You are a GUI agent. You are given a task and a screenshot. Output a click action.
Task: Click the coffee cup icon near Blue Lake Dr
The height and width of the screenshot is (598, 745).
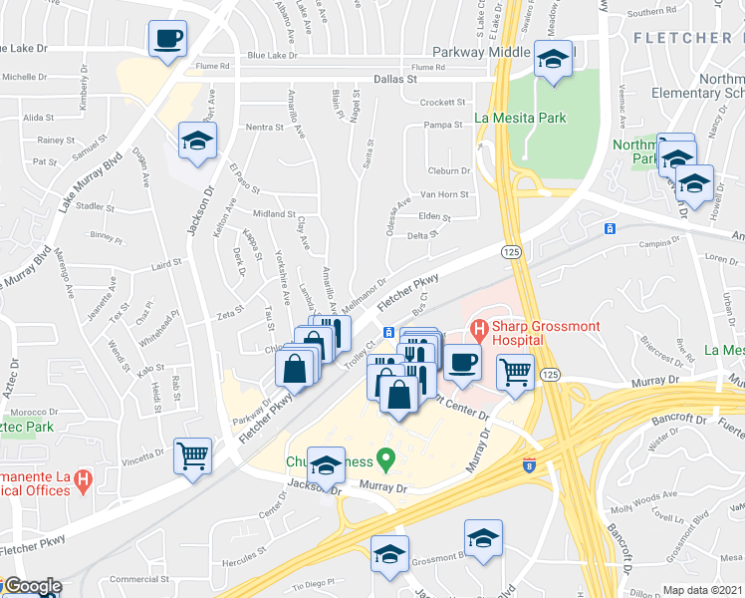click(167, 39)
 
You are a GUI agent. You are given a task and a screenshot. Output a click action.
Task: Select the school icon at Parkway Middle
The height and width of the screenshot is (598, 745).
click(553, 60)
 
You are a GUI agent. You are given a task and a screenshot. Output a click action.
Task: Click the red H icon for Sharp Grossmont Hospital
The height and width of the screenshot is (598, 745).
click(479, 327)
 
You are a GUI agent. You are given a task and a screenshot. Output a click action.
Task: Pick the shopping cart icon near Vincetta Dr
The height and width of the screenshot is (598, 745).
click(193, 456)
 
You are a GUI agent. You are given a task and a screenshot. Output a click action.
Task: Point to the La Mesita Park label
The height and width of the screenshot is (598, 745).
click(520, 118)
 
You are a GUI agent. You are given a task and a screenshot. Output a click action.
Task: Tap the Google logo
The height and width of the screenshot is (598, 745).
click(32, 587)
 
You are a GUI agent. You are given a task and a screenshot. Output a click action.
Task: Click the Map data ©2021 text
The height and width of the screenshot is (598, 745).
click(702, 590)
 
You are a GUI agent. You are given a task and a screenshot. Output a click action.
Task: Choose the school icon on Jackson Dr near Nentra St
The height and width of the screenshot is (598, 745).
click(197, 142)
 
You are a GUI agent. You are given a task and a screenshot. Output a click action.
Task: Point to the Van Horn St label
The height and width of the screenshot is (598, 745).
click(444, 194)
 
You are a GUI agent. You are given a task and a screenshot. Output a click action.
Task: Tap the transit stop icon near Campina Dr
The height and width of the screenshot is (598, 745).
click(609, 229)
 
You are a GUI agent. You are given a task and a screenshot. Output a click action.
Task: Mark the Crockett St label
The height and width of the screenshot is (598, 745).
click(443, 102)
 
